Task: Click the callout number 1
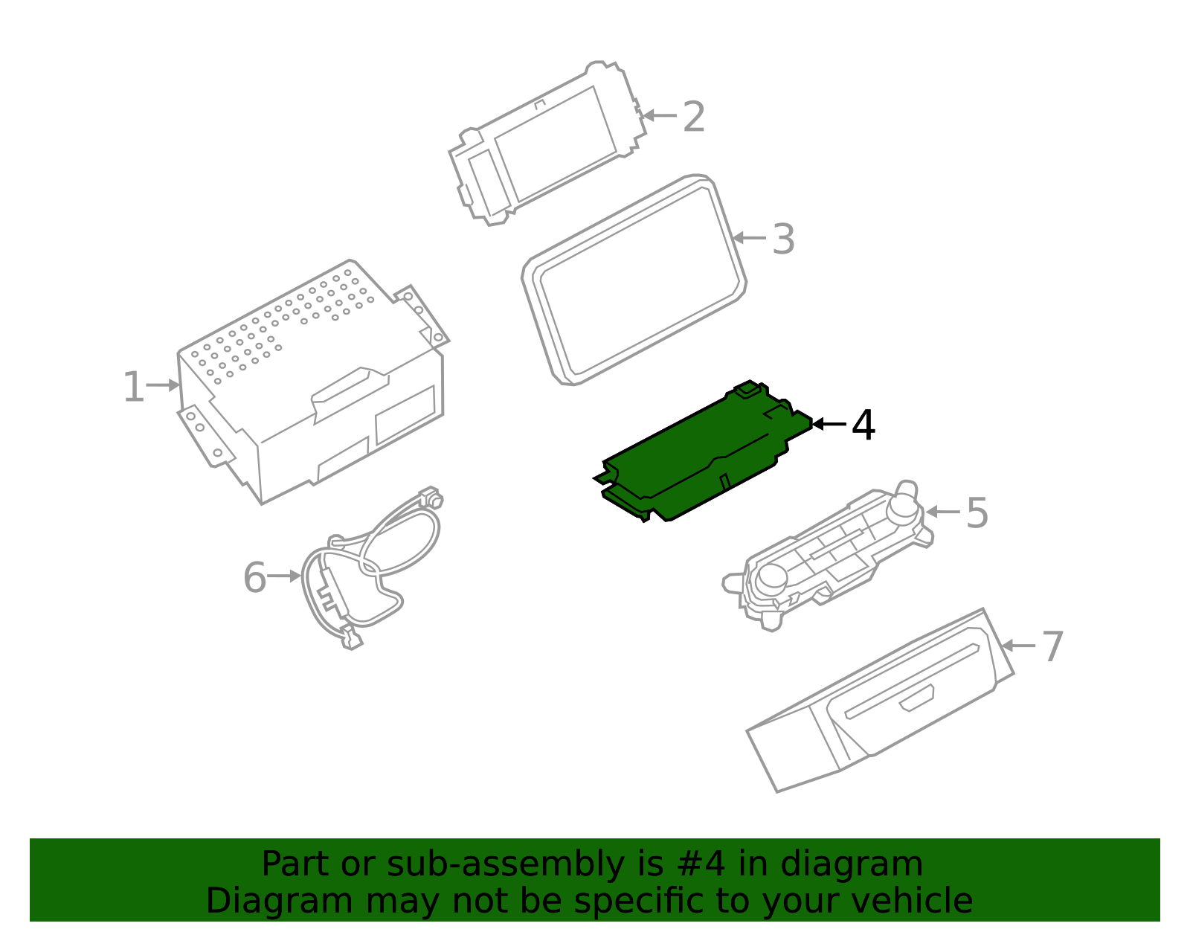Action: tap(132, 388)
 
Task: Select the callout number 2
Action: tap(693, 118)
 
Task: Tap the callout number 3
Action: tap(783, 240)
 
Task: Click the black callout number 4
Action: tap(863, 425)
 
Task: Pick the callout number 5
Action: tap(977, 513)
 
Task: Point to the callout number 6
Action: tap(254, 578)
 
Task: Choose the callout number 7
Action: tap(1052, 646)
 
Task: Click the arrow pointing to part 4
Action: tap(829, 424)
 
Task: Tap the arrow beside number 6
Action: tap(283, 576)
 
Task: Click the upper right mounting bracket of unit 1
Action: tap(422, 312)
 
